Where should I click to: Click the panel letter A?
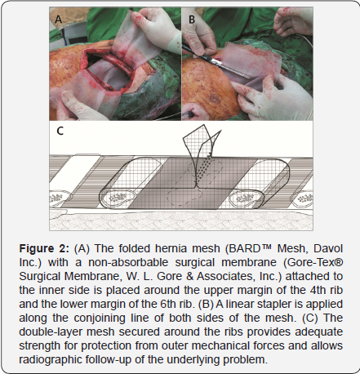58,20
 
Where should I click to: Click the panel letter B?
192,20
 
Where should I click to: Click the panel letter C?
60,131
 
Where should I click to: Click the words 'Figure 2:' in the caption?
44,249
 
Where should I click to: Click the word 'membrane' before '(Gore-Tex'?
249,262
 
